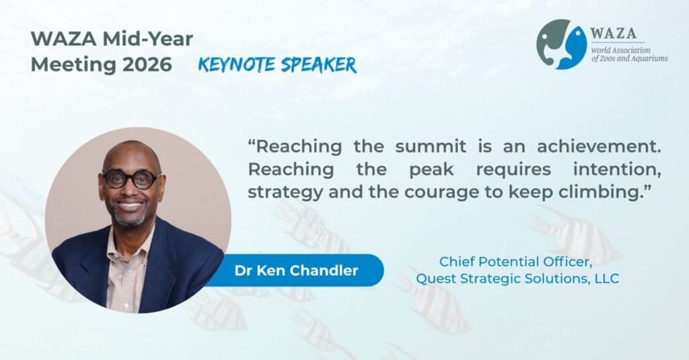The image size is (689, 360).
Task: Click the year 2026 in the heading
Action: click(x=147, y=65)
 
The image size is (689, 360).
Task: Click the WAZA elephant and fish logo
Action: click(x=561, y=44)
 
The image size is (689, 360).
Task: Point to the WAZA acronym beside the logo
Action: click(x=613, y=34)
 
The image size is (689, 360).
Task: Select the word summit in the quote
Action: click(x=430, y=147)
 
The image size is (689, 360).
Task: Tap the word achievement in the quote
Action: click(x=598, y=147)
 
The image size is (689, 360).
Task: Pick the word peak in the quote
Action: click(x=431, y=170)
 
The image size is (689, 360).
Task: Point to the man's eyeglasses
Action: click(x=131, y=179)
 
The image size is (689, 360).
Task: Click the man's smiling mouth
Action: click(x=130, y=205)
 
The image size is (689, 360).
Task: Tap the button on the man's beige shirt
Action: click(x=125, y=305)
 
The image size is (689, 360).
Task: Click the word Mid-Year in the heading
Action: click(x=147, y=39)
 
